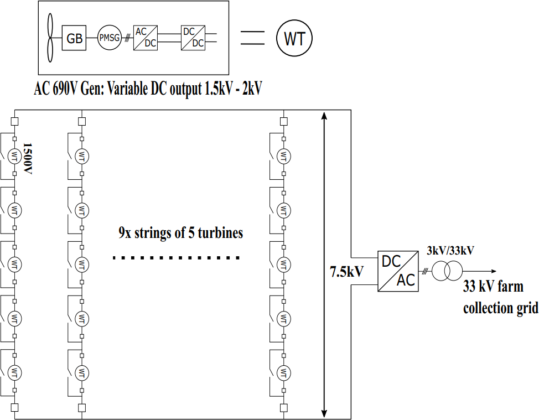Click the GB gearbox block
(74, 38)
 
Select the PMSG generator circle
(109, 38)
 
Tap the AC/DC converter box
(145, 38)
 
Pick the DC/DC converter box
(193, 38)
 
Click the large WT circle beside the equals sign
(294, 38)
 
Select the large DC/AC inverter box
(398, 271)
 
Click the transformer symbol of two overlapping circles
(447, 271)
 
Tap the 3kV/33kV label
(450, 250)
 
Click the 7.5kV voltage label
(346, 272)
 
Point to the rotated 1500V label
(26, 159)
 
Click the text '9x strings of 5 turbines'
(180, 233)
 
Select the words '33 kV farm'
(493, 287)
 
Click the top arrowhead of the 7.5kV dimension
(324, 115)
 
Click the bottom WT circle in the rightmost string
(283, 371)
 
